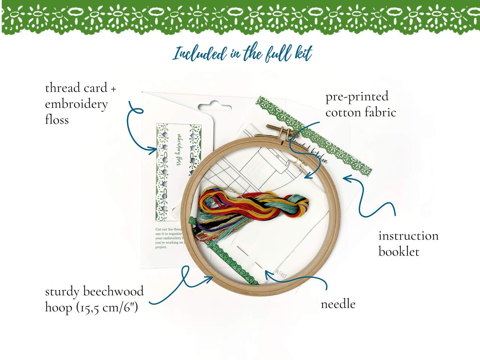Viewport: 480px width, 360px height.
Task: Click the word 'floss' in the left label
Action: pyautogui.click(x=57, y=120)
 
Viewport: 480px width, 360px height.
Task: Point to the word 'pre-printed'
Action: pyautogui.click(x=357, y=97)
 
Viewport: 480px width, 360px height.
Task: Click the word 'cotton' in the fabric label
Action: pyautogui.click(x=343, y=113)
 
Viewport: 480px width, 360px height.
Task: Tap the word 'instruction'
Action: pyautogui.click(x=408, y=236)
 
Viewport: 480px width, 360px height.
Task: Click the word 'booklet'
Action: pyautogui.click(x=399, y=252)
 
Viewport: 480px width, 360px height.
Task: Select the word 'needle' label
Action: pyautogui.click(x=338, y=304)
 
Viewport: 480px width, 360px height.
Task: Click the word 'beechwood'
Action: pyautogui.click(x=113, y=291)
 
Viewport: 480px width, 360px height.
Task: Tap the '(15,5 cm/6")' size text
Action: pyautogui.click(x=107, y=308)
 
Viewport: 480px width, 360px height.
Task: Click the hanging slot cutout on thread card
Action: pyautogui.click(x=214, y=107)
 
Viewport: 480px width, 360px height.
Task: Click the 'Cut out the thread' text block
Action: pyautogui.click(x=169, y=238)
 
